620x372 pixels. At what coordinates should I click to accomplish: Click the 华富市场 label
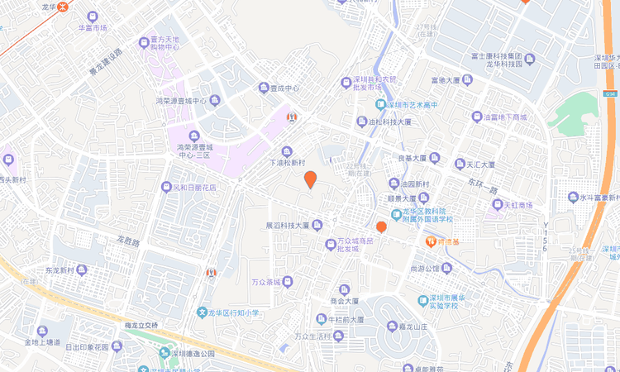[x=93, y=27]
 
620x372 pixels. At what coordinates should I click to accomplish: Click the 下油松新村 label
[x=288, y=163]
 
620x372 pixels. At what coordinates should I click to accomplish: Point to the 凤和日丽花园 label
[x=194, y=188]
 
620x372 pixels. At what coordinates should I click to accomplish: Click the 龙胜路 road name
[x=129, y=241]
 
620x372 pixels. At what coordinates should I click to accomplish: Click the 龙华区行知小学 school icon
[x=202, y=313]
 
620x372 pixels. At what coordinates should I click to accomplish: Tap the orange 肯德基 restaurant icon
[x=431, y=241]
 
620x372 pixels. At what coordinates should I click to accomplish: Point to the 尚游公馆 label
[x=426, y=268]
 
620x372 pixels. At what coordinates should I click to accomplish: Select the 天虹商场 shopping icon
[x=498, y=204]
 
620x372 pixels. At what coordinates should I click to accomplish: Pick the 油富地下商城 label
[x=505, y=117]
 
